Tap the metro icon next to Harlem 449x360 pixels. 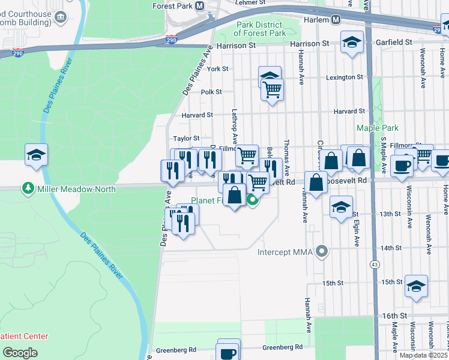(336, 19)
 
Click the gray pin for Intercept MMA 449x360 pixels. (322, 251)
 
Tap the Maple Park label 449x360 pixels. (378, 128)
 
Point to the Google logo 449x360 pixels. (20, 353)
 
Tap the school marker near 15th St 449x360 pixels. (416, 286)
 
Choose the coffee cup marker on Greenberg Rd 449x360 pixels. (228, 352)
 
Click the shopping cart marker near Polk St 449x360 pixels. (272, 90)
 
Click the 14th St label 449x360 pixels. (391, 248)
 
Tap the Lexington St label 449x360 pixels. (345, 77)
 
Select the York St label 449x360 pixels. (217, 69)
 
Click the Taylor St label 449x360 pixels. (186, 139)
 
